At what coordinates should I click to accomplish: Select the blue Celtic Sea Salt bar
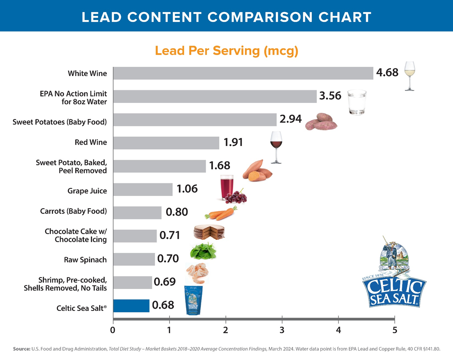pos(131,306)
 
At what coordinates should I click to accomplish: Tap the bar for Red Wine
pos(166,143)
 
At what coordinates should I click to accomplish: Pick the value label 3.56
pos(330,96)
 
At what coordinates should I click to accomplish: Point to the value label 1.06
pos(187,189)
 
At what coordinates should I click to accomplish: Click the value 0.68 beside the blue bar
pos(163,305)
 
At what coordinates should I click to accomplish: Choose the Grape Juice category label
pos(87,191)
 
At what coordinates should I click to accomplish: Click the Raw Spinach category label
pos(85,260)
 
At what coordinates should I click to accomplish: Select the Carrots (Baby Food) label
pos(74,211)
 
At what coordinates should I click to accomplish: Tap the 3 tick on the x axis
pos(282,330)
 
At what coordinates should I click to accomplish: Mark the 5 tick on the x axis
pos(395,330)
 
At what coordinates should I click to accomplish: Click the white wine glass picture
pos(409,76)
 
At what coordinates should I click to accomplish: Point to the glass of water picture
pos(357,102)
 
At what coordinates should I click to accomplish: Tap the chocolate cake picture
pos(209,232)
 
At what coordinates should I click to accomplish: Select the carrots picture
pos(221,214)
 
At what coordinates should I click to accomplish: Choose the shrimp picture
pos(197,273)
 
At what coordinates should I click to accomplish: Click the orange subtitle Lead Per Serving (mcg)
pos(226,51)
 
